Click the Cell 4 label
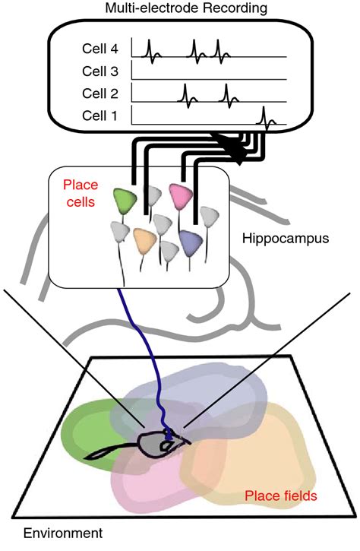pyautogui.click(x=100, y=49)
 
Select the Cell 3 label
pyautogui.click(x=100, y=71)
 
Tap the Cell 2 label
pyautogui.click(x=100, y=93)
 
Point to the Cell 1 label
pyautogui.click(x=99, y=116)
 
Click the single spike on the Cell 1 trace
pyautogui.click(x=266, y=119)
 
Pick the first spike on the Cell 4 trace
pyautogui.click(x=151, y=52)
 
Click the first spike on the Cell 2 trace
pyautogui.click(x=187, y=96)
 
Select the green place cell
pyautogui.click(x=125, y=201)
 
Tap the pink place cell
pyautogui.click(x=181, y=195)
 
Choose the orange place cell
pyautogui.click(x=145, y=240)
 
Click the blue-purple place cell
pyautogui.click(x=191, y=242)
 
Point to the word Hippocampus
pyautogui.click(x=286, y=239)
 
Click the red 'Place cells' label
pyautogui.click(x=81, y=193)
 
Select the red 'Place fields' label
pyautogui.click(x=280, y=496)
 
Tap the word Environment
pyautogui.click(x=63, y=533)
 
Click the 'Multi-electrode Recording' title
pyautogui.click(x=186, y=8)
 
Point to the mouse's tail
pyautogui.click(x=112, y=452)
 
